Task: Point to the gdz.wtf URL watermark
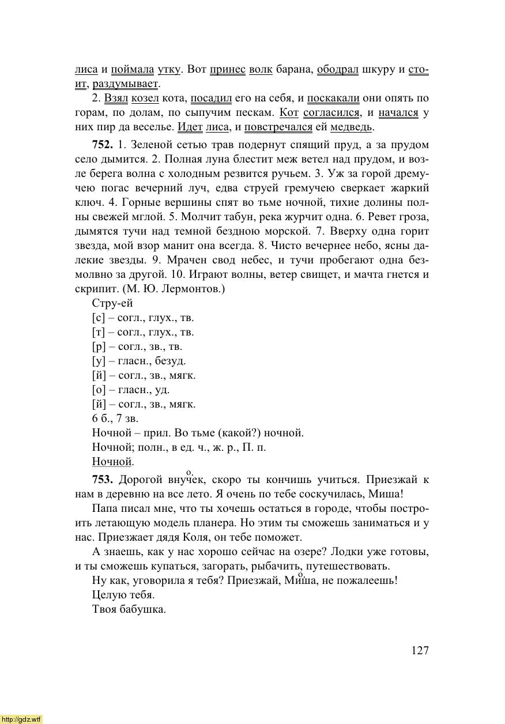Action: coord(21,719)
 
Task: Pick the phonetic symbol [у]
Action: coord(98,361)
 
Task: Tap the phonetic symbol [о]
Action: coord(98,390)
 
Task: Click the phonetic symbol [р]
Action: coord(98,346)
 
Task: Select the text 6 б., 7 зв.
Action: coord(115,418)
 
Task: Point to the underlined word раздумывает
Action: coord(133,84)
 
